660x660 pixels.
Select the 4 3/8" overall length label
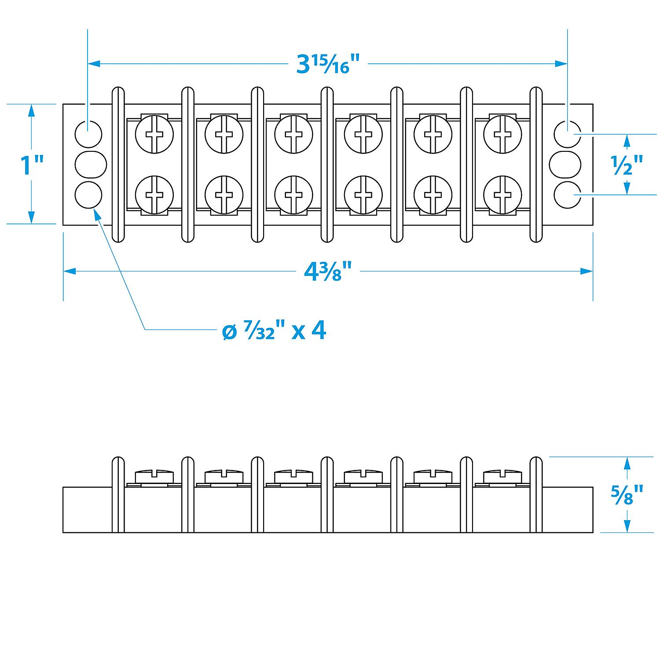coord(328,271)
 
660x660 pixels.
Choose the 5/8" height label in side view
coord(627,495)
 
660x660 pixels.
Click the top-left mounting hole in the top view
coord(88,133)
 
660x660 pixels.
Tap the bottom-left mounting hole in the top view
coord(88,194)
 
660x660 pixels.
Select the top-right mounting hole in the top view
coord(567,133)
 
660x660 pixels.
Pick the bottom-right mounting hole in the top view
coord(567,194)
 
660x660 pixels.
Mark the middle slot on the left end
coord(91,164)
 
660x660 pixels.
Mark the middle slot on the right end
coord(565,164)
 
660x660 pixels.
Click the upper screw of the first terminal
coord(154,134)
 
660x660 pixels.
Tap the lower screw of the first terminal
coord(154,194)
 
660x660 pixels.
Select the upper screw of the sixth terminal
coord(502,134)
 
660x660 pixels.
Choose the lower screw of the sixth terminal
coord(502,194)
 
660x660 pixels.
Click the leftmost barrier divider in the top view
coord(118,165)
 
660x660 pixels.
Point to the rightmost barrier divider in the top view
coord(536,165)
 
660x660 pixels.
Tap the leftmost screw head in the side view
coord(154,476)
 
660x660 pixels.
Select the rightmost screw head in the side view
coord(502,476)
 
